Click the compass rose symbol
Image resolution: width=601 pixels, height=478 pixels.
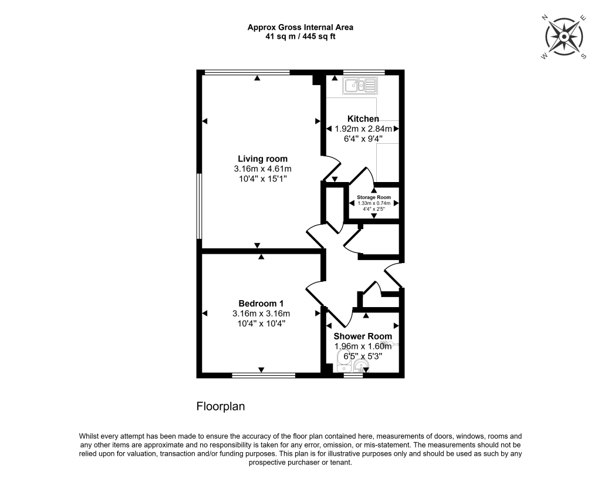563,36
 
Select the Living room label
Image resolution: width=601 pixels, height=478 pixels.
262,159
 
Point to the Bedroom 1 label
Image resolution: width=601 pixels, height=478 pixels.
261,303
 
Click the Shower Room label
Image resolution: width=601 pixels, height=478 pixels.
363,336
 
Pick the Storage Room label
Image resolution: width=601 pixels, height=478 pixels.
371,197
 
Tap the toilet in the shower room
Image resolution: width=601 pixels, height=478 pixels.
360,366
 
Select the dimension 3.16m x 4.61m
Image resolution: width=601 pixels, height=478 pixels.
262,169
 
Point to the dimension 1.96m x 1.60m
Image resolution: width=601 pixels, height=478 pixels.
363,346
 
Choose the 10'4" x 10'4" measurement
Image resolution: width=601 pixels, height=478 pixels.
261,323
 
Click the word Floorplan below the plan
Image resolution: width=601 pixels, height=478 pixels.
220,406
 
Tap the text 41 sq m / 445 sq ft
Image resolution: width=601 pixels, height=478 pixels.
300,36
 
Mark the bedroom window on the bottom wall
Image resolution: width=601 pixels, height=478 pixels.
263,375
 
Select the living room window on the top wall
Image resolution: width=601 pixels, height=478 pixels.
247,72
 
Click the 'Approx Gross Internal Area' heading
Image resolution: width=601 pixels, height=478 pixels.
300,27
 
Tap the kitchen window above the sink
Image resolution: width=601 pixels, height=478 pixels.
364,72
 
